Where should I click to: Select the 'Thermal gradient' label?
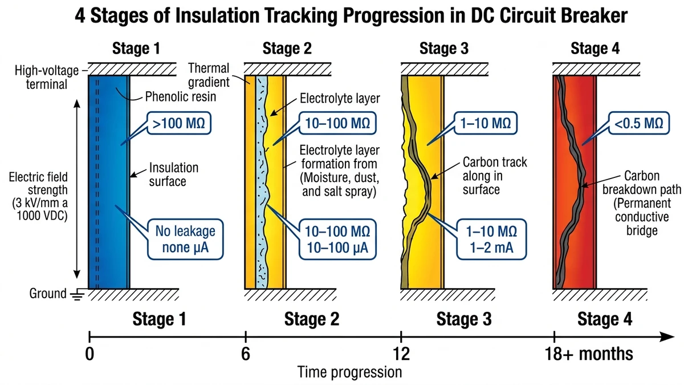[209, 75]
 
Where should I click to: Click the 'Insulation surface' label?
[174, 175]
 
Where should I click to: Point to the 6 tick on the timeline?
[245, 338]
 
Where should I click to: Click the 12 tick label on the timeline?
[402, 354]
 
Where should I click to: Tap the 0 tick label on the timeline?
[89, 354]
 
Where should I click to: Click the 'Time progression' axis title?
[349, 372]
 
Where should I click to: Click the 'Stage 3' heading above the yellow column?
[444, 49]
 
